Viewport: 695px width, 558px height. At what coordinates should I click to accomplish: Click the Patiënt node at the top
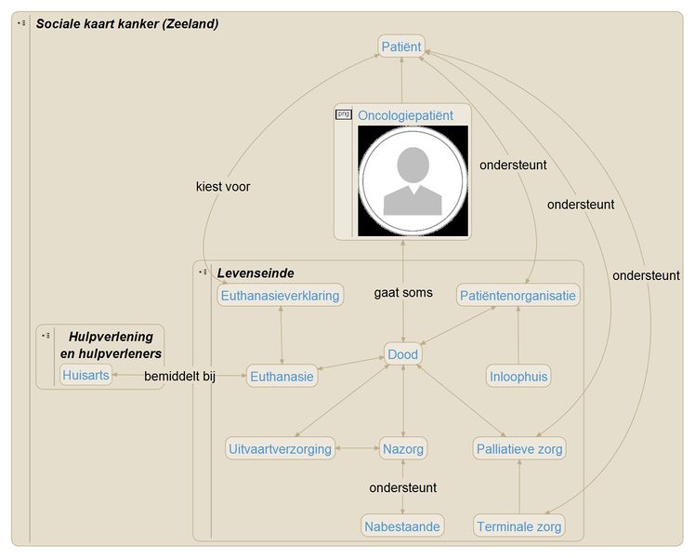click(x=401, y=46)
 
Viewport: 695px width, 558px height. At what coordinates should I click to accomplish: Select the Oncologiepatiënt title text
click(x=405, y=115)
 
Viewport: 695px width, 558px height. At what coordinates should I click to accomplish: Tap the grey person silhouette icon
click(x=413, y=181)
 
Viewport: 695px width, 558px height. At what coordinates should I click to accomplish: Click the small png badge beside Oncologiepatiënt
click(x=344, y=114)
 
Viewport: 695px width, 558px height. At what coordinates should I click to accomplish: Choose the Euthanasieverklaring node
click(x=280, y=296)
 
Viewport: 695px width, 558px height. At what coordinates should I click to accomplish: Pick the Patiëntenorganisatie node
click(x=518, y=296)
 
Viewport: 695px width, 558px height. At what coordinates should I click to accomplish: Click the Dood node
click(x=402, y=354)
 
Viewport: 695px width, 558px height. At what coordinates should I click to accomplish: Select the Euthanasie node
click(x=282, y=377)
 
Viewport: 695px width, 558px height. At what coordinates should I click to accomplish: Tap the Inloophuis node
click(x=518, y=377)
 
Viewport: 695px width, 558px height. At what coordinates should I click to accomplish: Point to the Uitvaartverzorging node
click(x=280, y=449)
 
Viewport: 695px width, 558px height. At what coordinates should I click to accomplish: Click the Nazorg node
click(x=403, y=449)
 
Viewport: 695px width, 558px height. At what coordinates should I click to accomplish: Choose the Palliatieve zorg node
click(x=519, y=449)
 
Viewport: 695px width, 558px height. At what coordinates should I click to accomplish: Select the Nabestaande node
click(x=402, y=526)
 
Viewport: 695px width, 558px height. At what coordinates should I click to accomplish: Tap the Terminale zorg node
click(x=519, y=526)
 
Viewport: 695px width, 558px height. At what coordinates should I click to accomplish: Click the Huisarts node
click(x=85, y=375)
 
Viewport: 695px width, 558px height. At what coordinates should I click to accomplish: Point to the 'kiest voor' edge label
click(x=223, y=187)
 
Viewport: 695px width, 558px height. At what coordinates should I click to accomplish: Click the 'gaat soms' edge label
click(x=403, y=293)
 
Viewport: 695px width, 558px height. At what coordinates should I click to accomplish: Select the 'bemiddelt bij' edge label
click(x=180, y=377)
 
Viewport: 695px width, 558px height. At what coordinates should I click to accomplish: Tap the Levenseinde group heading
click(x=256, y=273)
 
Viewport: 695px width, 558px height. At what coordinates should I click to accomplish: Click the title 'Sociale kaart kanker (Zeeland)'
click(x=127, y=24)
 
